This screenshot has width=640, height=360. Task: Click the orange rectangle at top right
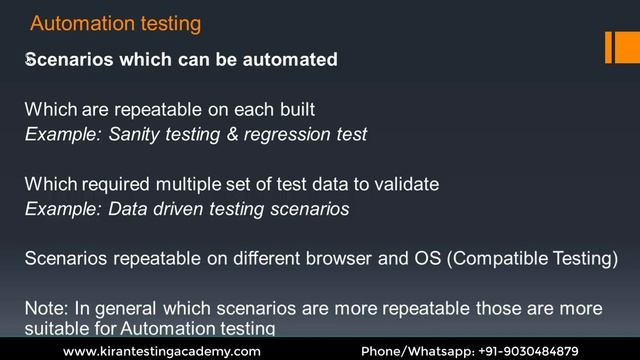click(x=622, y=46)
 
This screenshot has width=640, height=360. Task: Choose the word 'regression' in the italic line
click(x=287, y=134)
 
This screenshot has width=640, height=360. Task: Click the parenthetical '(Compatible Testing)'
click(x=532, y=258)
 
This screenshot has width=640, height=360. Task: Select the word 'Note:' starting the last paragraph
click(x=45, y=307)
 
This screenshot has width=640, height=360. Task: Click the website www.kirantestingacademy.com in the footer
click(x=161, y=351)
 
